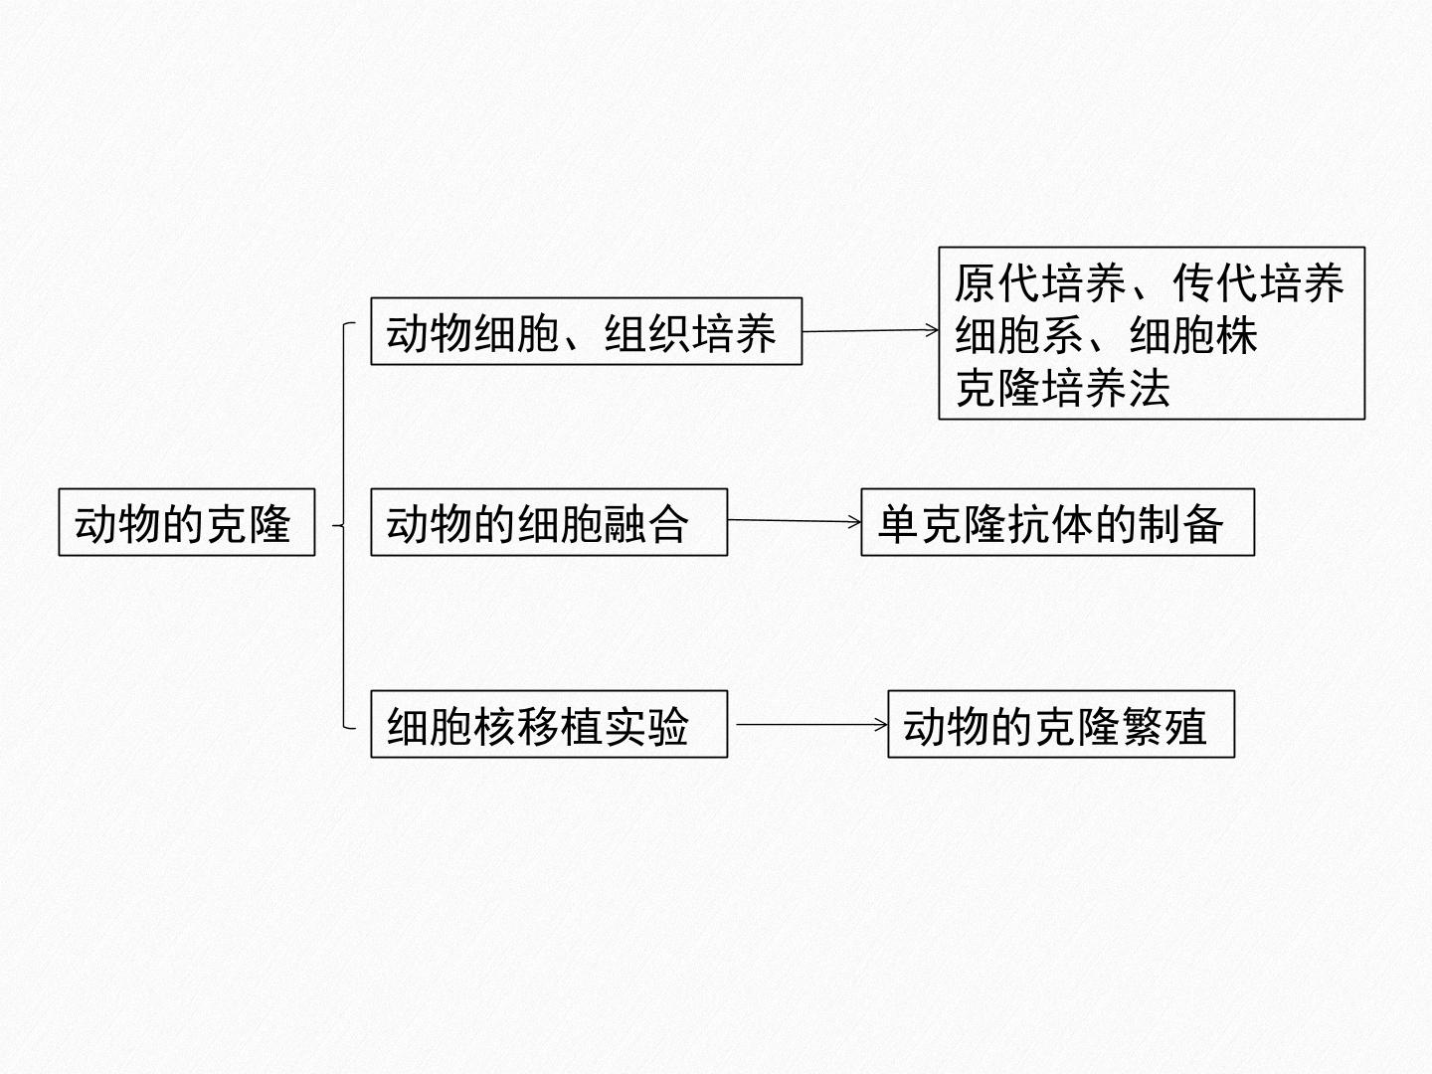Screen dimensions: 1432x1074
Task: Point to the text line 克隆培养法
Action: tap(1063, 388)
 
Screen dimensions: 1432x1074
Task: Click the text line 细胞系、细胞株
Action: tap(1106, 335)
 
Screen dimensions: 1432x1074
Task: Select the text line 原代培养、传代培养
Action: tap(1150, 283)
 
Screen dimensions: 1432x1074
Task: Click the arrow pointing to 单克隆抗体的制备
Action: tap(795, 521)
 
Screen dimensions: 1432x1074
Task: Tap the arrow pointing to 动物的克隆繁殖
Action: tap(812, 724)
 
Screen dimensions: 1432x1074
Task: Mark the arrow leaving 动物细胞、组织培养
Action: tap(870, 330)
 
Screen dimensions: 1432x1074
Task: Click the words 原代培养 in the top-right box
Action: tap(1040, 283)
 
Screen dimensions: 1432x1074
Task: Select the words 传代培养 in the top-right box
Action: tap(1258, 283)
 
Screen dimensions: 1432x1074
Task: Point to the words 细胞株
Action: tap(1193, 335)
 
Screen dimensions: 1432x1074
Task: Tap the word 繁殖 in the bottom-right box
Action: tap(1163, 726)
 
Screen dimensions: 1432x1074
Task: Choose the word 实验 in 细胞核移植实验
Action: tap(645, 726)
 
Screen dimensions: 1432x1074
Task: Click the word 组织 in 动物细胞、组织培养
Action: tap(647, 332)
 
